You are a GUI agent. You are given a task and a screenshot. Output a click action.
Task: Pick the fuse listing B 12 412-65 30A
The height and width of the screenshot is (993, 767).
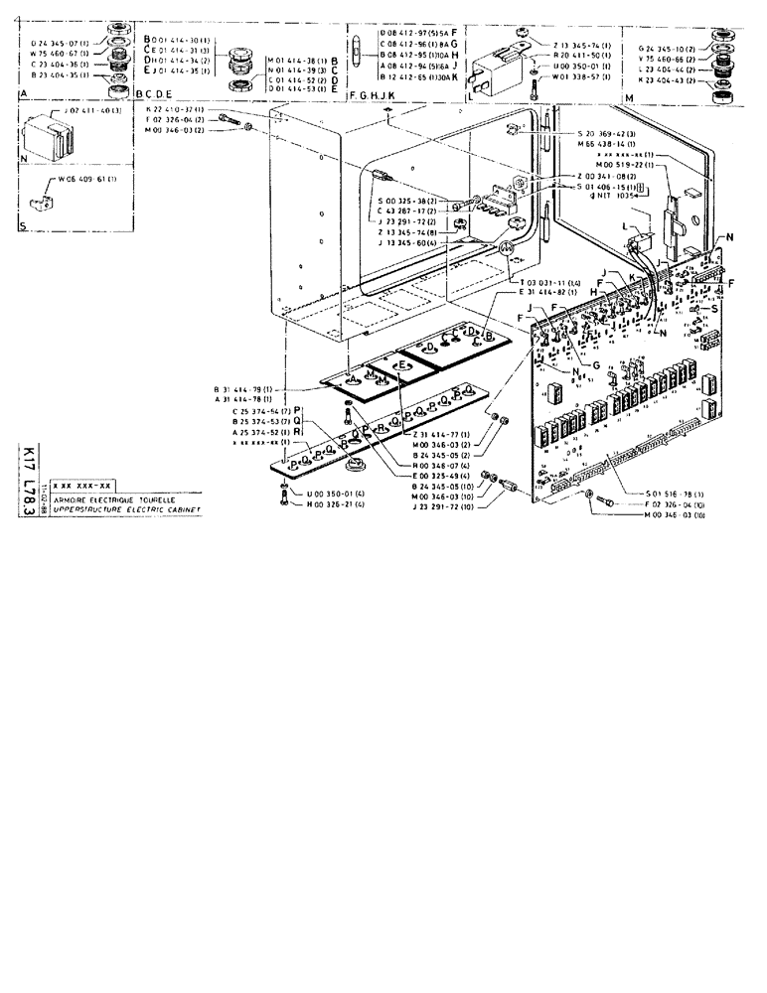pyautogui.click(x=412, y=75)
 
